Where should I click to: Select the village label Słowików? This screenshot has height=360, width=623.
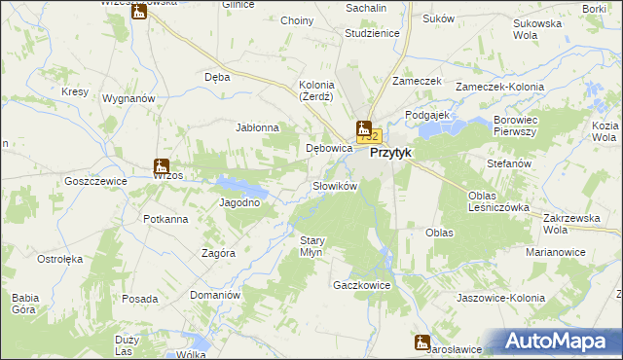click(336, 186)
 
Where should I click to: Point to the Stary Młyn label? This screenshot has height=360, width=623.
click(311, 245)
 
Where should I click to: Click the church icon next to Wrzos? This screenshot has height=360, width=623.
click(162, 166)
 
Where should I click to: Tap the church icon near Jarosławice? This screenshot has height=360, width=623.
click(421, 342)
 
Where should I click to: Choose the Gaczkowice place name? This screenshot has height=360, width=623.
click(361, 286)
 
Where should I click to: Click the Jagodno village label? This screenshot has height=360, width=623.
click(239, 202)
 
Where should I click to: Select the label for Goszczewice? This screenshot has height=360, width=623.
click(96, 181)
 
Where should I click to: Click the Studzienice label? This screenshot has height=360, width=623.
click(372, 32)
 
